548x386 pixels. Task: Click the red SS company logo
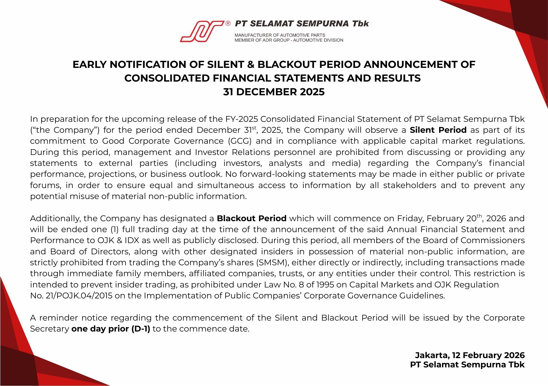coord(202,31)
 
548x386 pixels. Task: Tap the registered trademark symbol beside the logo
coord(228,24)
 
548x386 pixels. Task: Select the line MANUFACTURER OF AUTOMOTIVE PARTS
coord(280,35)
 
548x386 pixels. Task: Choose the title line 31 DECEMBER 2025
coord(274,92)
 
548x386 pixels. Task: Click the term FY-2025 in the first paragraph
coord(242,119)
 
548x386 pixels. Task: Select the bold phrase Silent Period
coord(438,130)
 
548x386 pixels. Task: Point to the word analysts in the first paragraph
coord(285,163)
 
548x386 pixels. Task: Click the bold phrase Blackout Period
coord(252,218)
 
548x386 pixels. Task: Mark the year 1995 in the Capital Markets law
coord(325,285)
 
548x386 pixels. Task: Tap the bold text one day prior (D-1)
coord(111,329)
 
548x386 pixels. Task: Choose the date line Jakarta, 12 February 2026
coord(470,355)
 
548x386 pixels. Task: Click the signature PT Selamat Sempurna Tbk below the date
coord(467,365)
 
